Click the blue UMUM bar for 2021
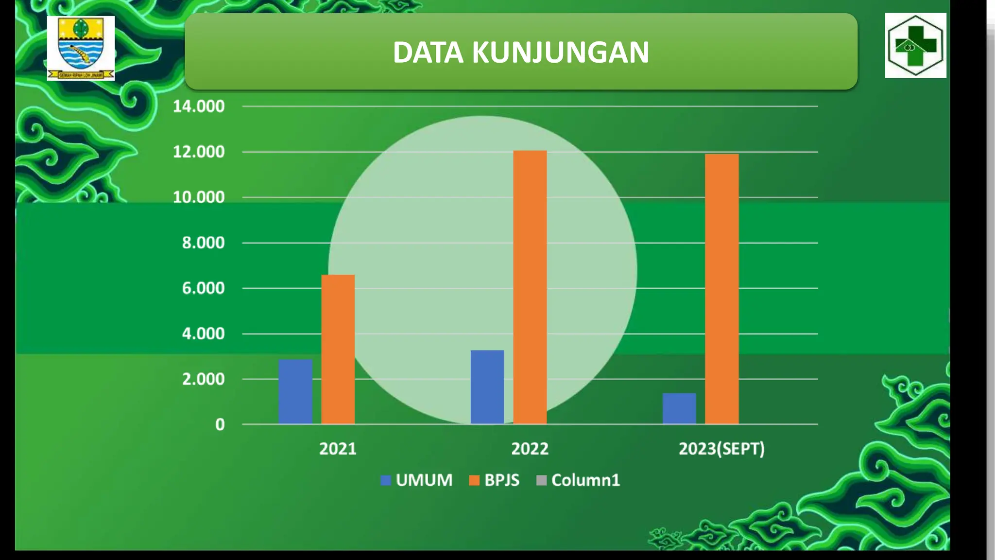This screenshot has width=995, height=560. click(x=295, y=392)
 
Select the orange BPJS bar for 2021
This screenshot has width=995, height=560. click(x=338, y=350)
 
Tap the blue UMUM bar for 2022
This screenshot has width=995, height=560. click(x=487, y=387)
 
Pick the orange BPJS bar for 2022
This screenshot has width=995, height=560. click(x=530, y=287)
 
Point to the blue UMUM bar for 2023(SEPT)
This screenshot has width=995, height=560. click(x=679, y=408)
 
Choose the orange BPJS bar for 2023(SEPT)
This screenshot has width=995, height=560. click(x=721, y=289)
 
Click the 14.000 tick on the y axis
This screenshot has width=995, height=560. click(x=199, y=106)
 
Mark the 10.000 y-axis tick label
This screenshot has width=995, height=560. click(x=199, y=197)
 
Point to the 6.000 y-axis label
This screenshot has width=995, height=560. click(x=203, y=288)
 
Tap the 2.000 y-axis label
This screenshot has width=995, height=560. click(x=203, y=379)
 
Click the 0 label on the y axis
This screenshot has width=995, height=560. click(x=220, y=424)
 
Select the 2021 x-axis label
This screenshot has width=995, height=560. click(x=338, y=449)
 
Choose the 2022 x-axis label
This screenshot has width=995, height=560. click(x=530, y=449)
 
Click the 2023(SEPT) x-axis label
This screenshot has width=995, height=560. click(x=721, y=449)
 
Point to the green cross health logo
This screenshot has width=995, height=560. click(x=915, y=45)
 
